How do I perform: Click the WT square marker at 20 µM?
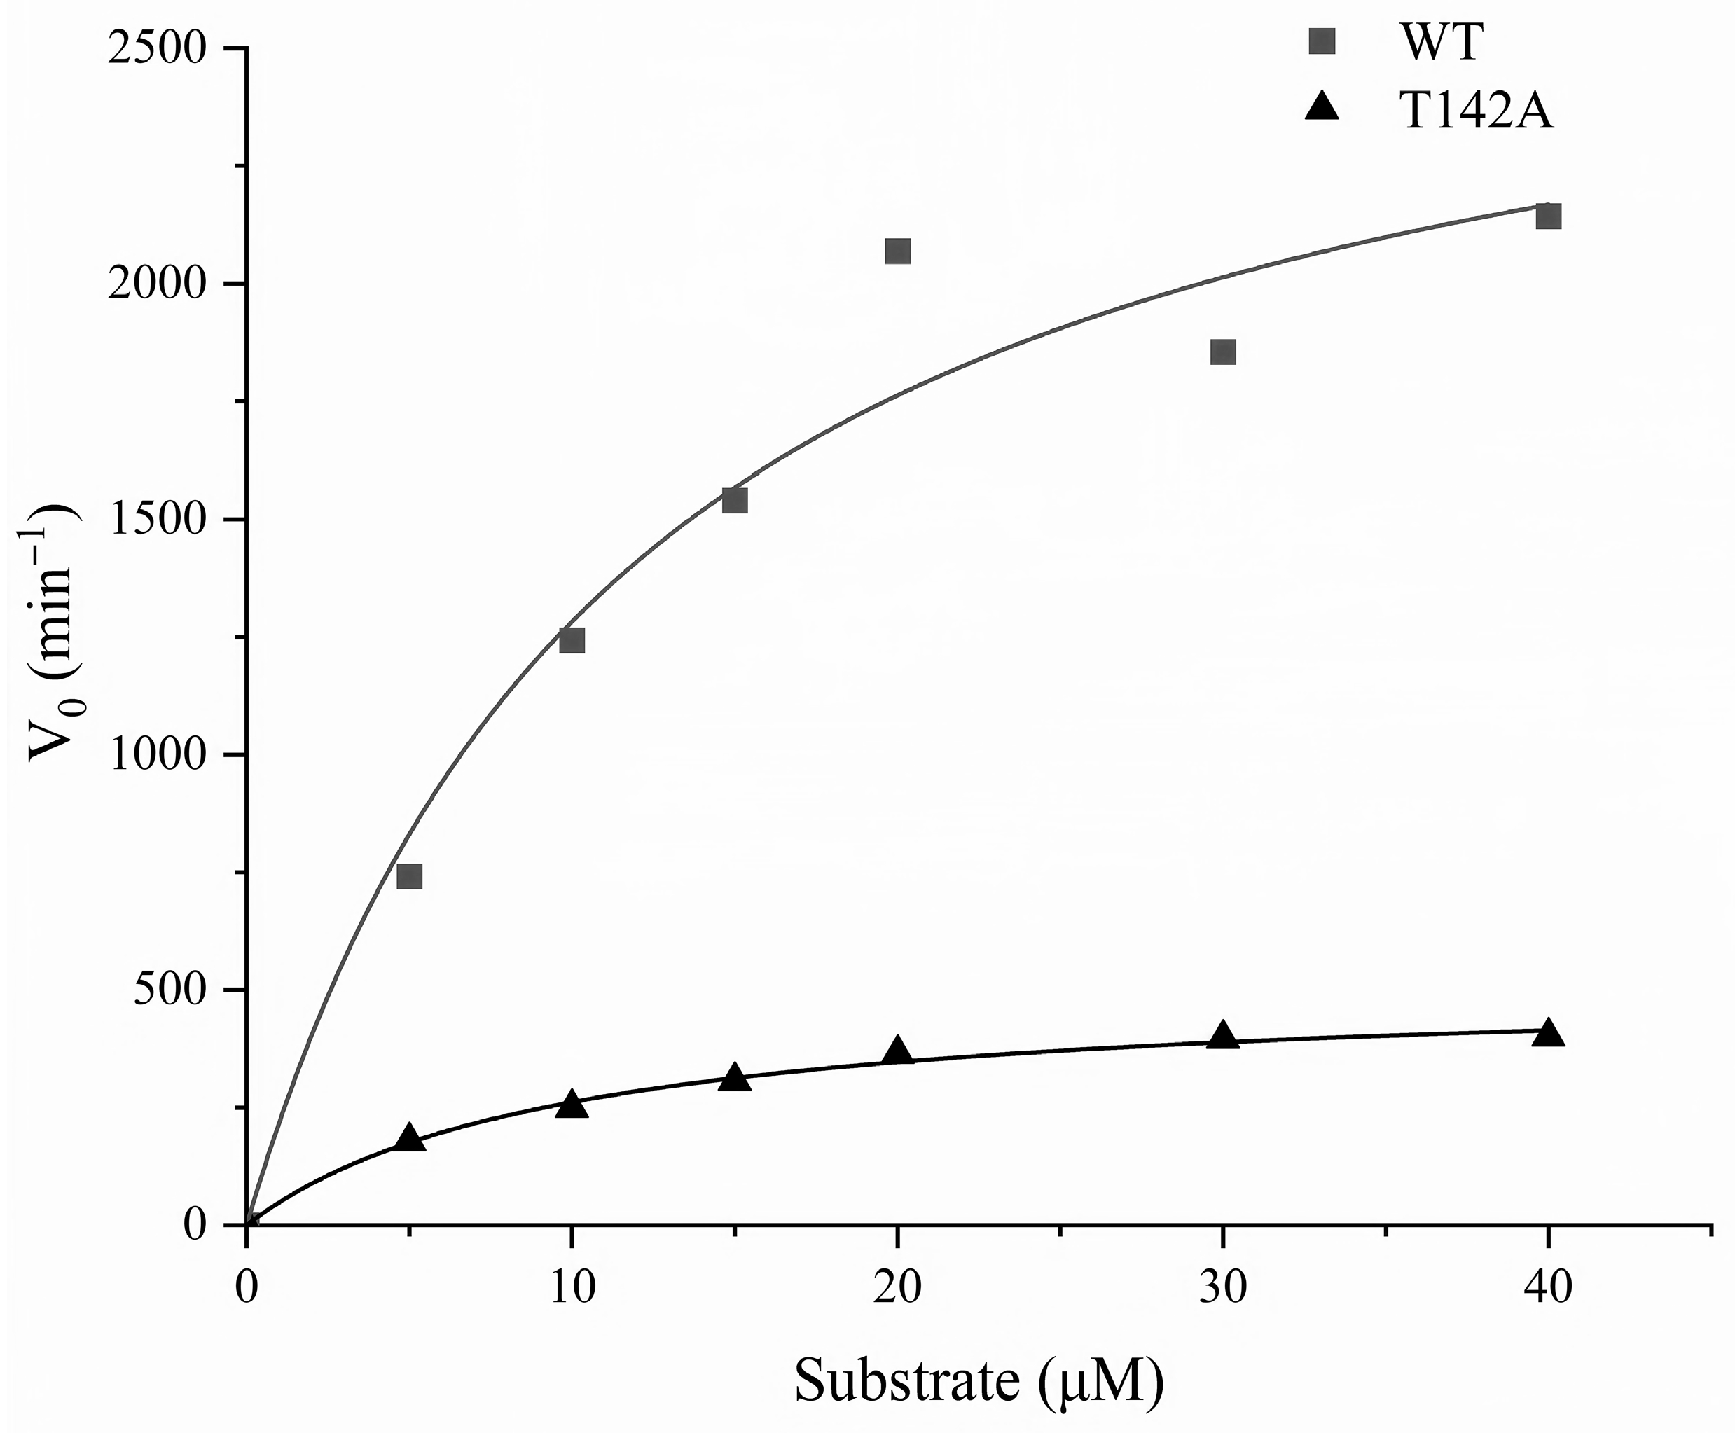pos(897,251)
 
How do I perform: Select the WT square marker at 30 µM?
pos(1222,352)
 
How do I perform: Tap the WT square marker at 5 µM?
pos(409,875)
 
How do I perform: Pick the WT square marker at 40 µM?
pos(1548,216)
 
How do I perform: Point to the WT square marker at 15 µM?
pos(735,500)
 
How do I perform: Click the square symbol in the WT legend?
pos(1322,41)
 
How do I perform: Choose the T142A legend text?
pos(1477,111)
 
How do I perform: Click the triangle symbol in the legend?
pos(1322,107)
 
